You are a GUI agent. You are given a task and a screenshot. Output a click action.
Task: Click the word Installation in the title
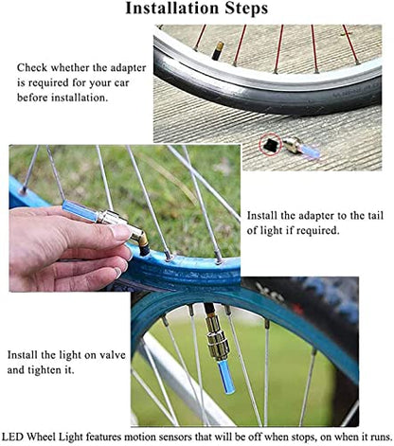[172, 9]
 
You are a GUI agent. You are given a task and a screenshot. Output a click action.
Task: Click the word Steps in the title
[246, 9]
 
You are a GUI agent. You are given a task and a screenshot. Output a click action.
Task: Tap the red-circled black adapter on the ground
[271, 145]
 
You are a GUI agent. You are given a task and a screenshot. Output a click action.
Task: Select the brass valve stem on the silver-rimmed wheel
[219, 50]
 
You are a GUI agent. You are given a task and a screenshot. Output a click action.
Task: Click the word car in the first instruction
[121, 82]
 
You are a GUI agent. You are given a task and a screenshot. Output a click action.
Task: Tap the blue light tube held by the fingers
[80, 210]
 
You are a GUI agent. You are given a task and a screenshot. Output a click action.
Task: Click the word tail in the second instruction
[375, 216]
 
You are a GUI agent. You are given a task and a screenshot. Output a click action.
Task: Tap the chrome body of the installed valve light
[217, 338]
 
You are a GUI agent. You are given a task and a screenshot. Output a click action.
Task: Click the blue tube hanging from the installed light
[226, 377]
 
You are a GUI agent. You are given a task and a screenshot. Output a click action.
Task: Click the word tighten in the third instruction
[45, 370]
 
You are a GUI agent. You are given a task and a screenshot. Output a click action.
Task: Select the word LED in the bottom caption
[12, 437]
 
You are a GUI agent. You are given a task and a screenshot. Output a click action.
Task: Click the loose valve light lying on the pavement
[301, 148]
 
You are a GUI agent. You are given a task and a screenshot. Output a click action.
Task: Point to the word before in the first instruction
[32, 98]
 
